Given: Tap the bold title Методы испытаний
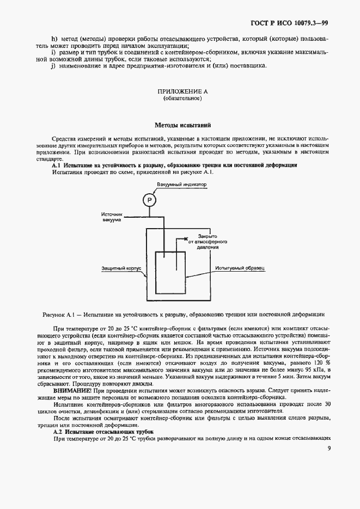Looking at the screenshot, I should [179, 125].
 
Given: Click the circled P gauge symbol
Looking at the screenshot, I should [149, 201].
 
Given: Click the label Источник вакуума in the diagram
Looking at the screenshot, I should [113, 216].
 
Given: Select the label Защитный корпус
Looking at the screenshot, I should [121, 268].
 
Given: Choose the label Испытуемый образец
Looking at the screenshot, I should [240, 268].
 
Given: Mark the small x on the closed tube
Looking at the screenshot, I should [186, 239].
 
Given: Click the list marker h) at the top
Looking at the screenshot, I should [54, 40].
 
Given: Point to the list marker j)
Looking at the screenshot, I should [54, 66].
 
